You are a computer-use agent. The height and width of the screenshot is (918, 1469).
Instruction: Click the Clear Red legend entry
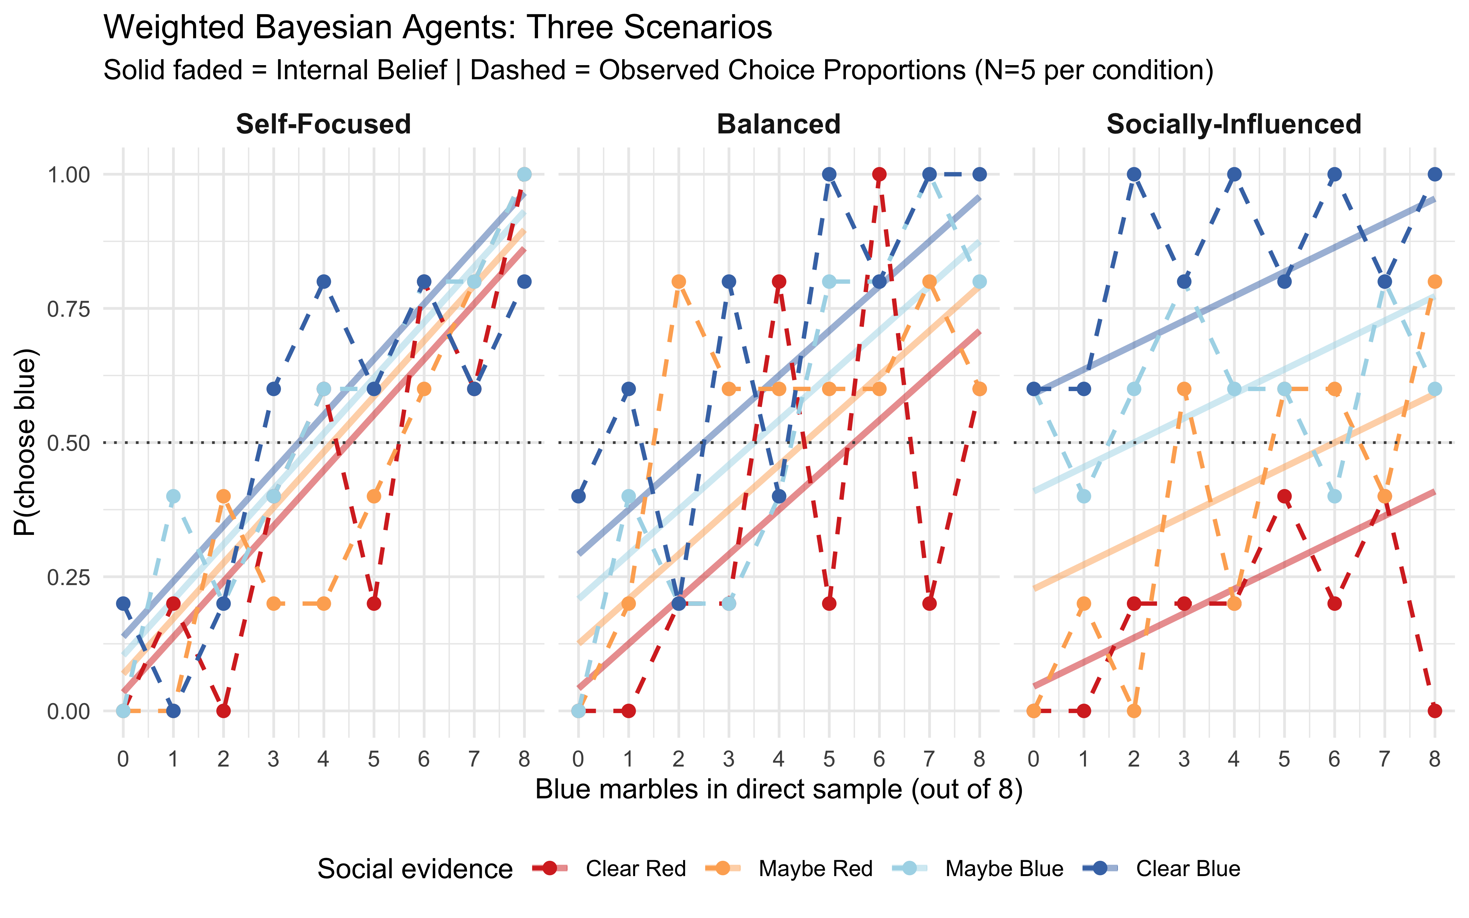click(635, 869)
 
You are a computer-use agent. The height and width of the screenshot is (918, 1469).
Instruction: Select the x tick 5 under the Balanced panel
click(828, 759)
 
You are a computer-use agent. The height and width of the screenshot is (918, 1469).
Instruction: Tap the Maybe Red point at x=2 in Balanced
click(679, 282)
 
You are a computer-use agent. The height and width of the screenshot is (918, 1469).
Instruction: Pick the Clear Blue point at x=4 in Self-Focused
click(323, 282)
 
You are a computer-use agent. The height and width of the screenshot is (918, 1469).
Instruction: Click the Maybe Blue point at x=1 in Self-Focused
click(173, 496)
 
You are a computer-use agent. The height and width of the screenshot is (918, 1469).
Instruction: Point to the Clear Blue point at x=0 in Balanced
click(578, 496)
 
